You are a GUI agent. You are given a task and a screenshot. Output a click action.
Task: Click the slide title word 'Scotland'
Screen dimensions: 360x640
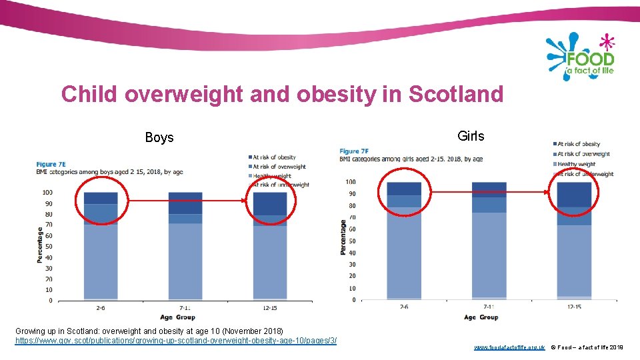click(x=455, y=94)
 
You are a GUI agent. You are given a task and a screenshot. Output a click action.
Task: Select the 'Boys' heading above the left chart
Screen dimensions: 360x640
click(x=159, y=138)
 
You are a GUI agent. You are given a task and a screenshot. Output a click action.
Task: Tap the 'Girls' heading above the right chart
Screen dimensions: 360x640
click(x=471, y=136)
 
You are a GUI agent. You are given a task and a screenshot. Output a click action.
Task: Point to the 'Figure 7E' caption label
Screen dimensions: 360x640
click(x=51, y=164)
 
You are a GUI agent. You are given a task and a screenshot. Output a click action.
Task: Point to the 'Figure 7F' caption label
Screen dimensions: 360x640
click(x=354, y=151)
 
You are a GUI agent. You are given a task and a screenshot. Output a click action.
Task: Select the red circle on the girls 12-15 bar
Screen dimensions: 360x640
click(x=573, y=193)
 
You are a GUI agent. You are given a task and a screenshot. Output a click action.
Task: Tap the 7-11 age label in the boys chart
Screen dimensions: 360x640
click(x=185, y=308)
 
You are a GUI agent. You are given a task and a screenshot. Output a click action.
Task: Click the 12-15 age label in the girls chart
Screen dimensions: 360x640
click(x=573, y=307)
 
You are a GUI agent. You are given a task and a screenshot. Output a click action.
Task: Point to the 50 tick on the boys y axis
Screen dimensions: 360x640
click(x=49, y=247)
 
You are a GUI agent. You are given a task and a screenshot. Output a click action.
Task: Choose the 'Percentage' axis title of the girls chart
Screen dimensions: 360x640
click(x=343, y=237)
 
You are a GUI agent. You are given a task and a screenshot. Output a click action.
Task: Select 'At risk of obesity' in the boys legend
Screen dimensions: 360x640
click(x=274, y=157)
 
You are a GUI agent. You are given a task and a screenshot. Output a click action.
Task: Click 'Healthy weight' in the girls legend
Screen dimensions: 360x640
click(x=577, y=164)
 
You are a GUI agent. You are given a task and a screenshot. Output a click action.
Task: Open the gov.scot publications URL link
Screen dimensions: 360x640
click(x=175, y=341)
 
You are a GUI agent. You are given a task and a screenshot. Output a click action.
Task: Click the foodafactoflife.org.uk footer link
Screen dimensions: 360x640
click(x=509, y=348)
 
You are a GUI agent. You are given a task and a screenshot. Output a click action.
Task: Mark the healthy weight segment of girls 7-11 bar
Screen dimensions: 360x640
click(x=489, y=253)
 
